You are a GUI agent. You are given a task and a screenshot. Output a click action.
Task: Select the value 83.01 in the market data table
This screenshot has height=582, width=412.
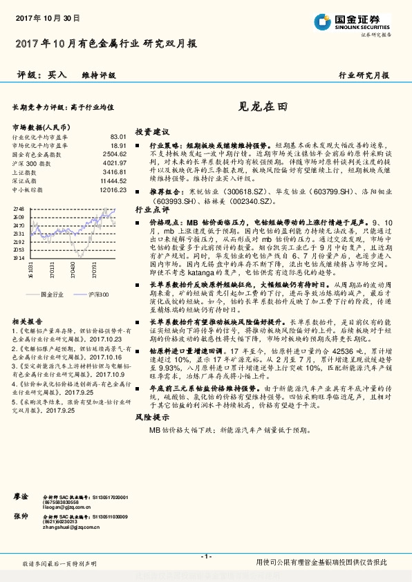pos(118,137)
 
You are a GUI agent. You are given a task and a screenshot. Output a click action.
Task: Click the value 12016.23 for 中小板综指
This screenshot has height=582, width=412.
pos(113,189)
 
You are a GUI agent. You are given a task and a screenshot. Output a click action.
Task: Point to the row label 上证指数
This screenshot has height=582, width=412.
pos(26,171)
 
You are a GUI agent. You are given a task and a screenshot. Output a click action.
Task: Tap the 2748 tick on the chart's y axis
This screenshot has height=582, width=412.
pos(19,208)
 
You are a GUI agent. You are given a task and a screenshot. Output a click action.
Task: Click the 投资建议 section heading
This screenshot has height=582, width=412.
pos(151,131)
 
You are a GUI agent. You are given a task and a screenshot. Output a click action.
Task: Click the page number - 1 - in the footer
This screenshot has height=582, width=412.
pos(205,556)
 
